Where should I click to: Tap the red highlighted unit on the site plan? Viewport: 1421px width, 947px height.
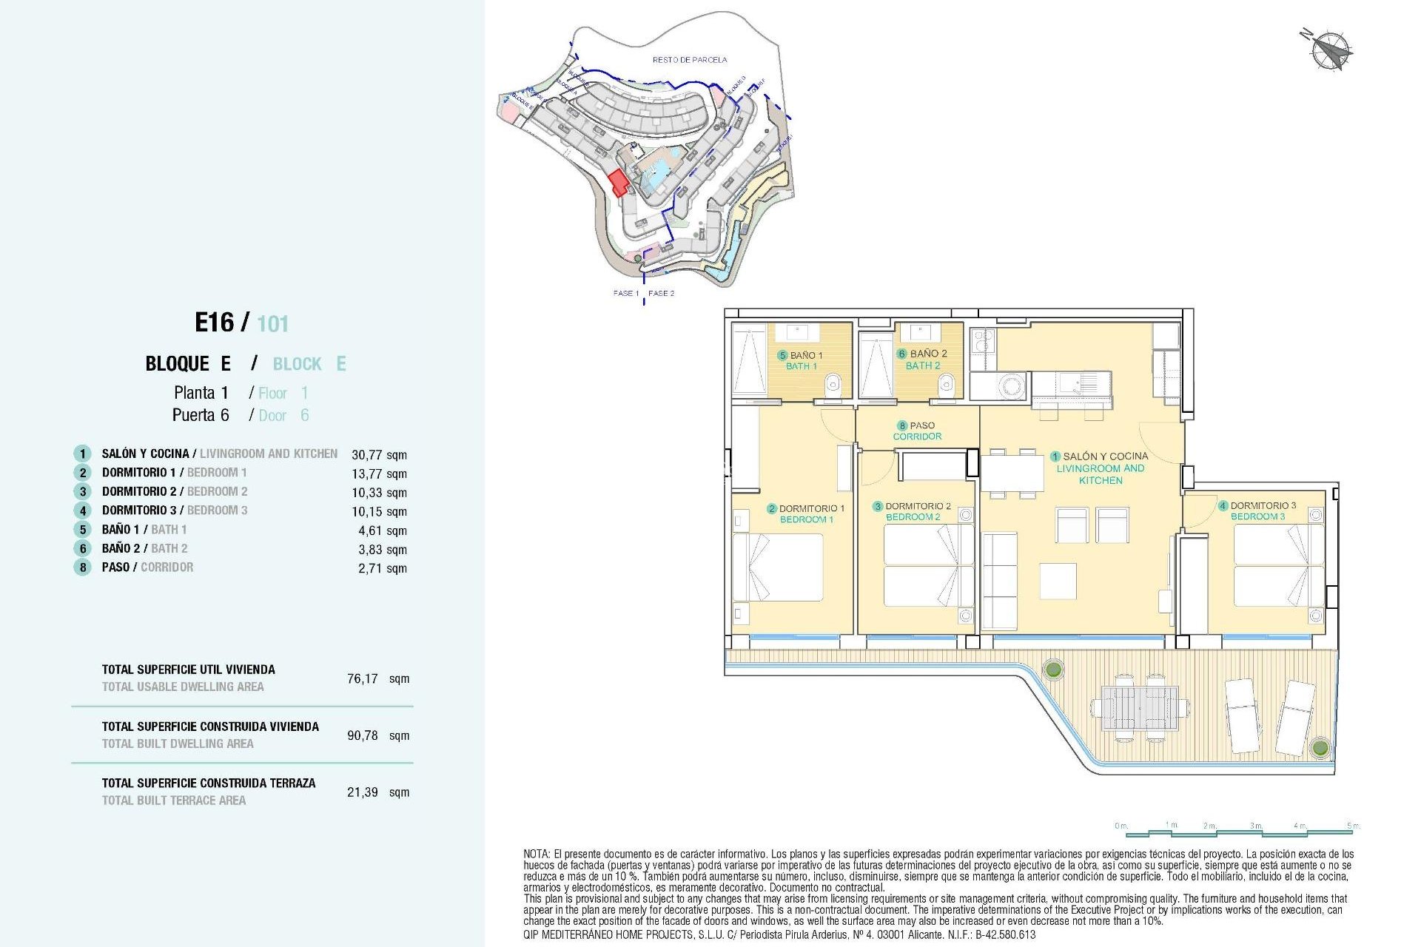pos(618,182)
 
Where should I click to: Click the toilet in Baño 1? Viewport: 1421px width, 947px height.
pos(833,383)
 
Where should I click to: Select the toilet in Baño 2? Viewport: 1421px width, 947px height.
pos(945,383)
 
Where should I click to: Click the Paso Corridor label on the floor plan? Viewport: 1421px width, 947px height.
pos(917,431)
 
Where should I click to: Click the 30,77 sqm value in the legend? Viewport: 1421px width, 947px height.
pos(379,455)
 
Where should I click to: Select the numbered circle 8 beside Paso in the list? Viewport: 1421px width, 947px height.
pos(82,567)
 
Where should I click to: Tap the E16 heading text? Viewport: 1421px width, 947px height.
pos(215,323)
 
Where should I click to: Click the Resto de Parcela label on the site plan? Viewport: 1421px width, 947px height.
pos(689,59)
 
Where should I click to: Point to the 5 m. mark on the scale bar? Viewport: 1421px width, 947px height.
pos(1353,826)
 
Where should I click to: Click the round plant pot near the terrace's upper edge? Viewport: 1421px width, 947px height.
pos(1052,670)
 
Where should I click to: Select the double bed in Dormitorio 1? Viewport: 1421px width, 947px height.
pos(779,567)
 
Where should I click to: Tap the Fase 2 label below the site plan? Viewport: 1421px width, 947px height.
pos(661,293)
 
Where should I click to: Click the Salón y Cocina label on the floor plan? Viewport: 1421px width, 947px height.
pos(1101,468)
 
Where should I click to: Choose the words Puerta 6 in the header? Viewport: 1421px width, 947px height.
pos(201,415)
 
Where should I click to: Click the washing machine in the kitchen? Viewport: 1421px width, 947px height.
pos(1011,385)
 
